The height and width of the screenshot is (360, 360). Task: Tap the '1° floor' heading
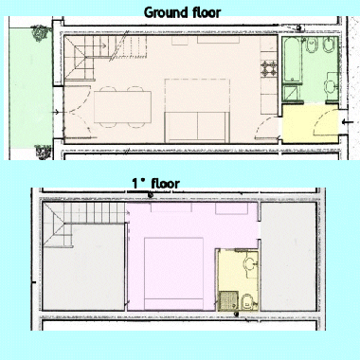(x=154, y=183)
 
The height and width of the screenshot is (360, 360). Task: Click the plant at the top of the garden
(x=39, y=34)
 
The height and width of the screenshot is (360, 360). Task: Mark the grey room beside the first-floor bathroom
(x=289, y=256)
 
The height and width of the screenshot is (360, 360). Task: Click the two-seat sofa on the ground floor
(x=196, y=123)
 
